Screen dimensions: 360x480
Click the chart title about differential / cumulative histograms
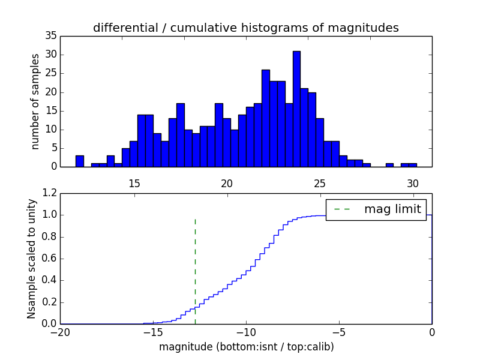pos(245,28)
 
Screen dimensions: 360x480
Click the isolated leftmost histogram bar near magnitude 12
pos(79,161)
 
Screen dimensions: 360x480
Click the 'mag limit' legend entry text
pos(392,209)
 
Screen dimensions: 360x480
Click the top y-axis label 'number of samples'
pos(35,101)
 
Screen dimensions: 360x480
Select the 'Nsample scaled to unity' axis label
pos(32,258)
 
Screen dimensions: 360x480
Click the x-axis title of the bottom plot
pos(246,347)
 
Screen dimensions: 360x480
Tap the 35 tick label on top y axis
pos(50,36)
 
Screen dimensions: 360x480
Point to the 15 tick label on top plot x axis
pos(134,184)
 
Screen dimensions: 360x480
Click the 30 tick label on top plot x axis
pos(413,184)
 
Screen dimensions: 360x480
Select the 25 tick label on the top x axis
pos(320,184)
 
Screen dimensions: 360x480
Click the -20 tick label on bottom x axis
pos(60,332)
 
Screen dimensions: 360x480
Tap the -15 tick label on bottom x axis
pos(153,332)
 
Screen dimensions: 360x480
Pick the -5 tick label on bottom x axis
pos(339,332)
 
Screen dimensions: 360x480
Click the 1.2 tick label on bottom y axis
pos(49,193)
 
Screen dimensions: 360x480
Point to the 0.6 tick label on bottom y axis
pos(49,259)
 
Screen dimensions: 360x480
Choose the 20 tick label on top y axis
pos(50,92)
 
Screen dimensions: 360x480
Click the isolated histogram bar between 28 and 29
pos(389,164)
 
